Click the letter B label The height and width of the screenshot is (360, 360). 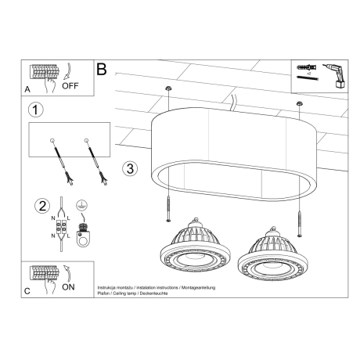(101, 69)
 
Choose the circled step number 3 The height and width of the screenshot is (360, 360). (131, 167)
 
